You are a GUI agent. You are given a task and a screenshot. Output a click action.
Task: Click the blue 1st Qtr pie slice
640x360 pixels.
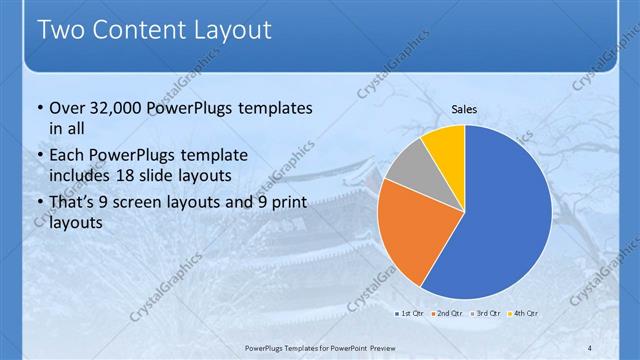pyautogui.click(x=505, y=215)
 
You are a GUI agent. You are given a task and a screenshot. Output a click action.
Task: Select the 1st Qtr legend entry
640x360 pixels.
pyautogui.click(x=409, y=314)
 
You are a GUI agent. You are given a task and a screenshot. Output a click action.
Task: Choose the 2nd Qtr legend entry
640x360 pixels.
pyautogui.click(x=447, y=314)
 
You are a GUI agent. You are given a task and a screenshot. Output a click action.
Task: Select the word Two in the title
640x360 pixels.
pyautogui.click(x=62, y=30)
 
